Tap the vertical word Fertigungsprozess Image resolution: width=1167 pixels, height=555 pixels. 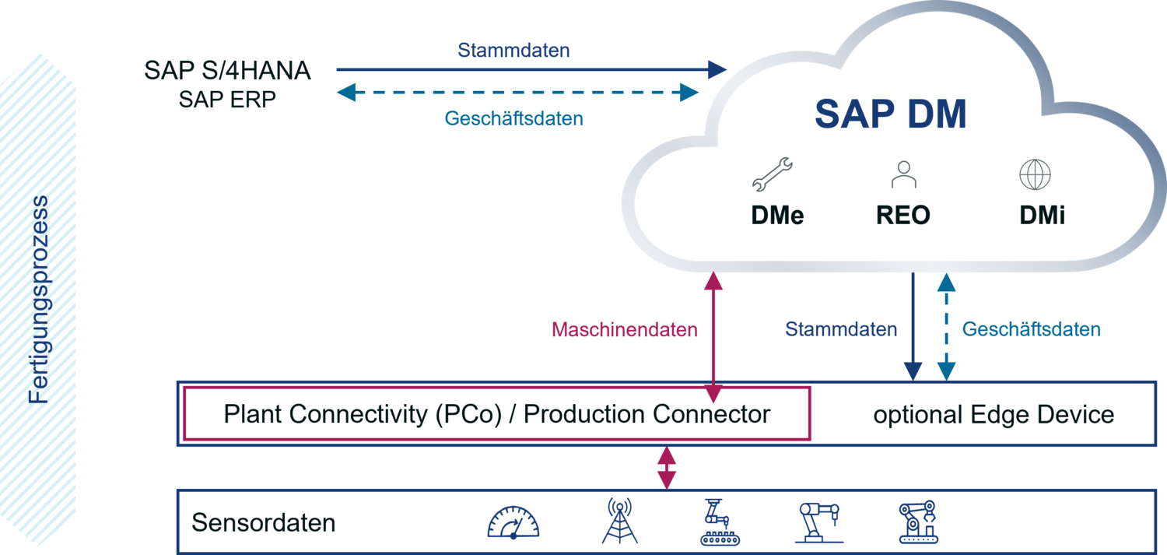pos(38,300)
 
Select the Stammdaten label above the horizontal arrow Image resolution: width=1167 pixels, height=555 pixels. pos(513,51)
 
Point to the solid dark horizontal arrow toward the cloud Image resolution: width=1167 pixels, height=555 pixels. pos(529,70)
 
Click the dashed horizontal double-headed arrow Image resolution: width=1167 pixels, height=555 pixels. pos(517,93)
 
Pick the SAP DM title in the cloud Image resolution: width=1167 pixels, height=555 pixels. pos(890,115)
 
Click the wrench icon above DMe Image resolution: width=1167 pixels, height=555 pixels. pos(772,174)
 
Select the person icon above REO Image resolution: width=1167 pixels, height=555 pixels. pos(903,175)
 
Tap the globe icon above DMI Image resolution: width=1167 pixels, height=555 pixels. pos(1036,175)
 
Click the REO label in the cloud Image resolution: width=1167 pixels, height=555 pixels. pos(903,215)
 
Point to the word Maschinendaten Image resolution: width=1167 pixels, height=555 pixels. pos(625,330)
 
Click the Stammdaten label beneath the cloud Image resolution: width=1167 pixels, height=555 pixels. pos(840,329)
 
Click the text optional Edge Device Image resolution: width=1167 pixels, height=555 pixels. pos(994,414)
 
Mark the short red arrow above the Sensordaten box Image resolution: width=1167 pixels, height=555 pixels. pos(666,467)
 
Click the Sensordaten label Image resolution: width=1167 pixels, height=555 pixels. pos(263,522)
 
